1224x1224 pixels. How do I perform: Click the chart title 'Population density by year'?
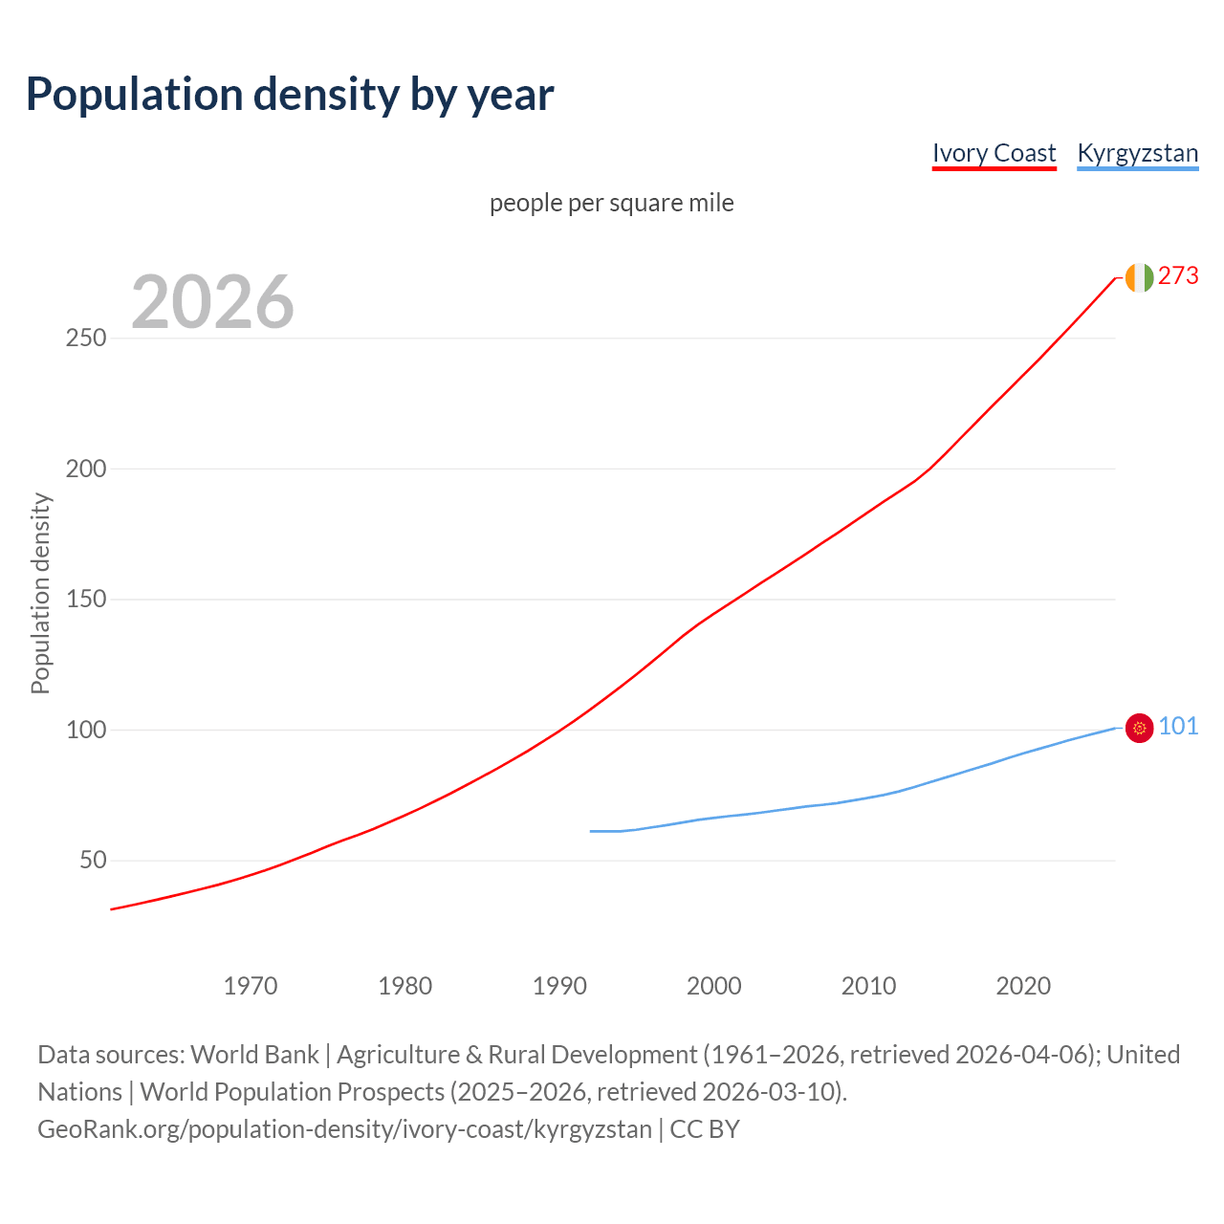(290, 94)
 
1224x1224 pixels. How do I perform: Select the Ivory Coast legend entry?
(994, 153)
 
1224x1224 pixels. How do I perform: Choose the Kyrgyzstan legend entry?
(1137, 153)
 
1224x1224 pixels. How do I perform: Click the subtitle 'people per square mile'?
(612, 203)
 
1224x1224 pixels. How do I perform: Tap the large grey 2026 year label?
(212, 302)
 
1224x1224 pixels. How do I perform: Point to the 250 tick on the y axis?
(86, 339)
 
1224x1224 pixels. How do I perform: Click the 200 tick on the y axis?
(86, 470)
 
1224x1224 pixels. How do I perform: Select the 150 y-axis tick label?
(86, 600)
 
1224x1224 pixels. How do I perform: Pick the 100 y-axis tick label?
(86, 731)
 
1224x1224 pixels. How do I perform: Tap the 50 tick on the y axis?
(94, 861)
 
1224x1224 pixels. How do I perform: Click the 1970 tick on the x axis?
(251, 986)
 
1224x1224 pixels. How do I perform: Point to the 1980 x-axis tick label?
(405, 986)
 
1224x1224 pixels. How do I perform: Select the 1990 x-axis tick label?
(559, 986)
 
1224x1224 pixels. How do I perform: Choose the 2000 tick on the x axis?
(714, 986)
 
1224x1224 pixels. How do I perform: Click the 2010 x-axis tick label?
(868, 986)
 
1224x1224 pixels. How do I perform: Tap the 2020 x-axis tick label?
(1023, 986)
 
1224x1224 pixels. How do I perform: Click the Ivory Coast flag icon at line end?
(1139, 277)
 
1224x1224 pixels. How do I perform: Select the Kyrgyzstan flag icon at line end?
(1139, 729)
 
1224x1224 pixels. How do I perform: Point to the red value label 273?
(1178, 275)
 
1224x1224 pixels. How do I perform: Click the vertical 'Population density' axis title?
(40, 593)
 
